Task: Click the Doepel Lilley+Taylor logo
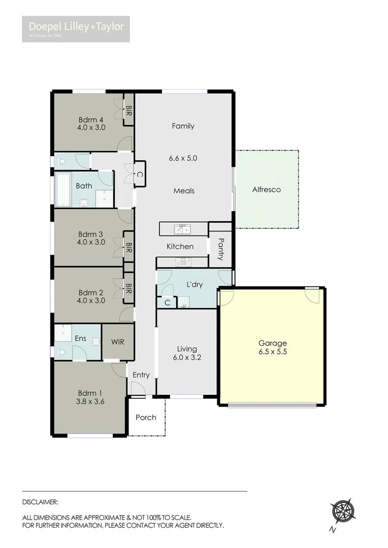click(x=76, y=28)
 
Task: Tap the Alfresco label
click(x=267, y=190)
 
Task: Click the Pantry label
click(x=220, y=249)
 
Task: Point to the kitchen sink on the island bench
click(x=181, y=229)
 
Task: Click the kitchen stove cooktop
click(x=183, y=262)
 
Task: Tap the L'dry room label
click(x=195, y=285)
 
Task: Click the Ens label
click(x=80, y=338)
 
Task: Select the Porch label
click(x=146, y=418)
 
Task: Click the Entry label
click(x=141, y=375)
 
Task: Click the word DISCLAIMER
click(x=40, y=502)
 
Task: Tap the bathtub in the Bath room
click(x=64, y=190)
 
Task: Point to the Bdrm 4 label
click(x=91, y=120)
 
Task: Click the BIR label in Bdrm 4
click(x=129, y=112)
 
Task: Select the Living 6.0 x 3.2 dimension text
click(x=187, y=357)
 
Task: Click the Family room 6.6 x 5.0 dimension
click(x=183, y=158)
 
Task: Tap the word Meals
click(x=184, y=191)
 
